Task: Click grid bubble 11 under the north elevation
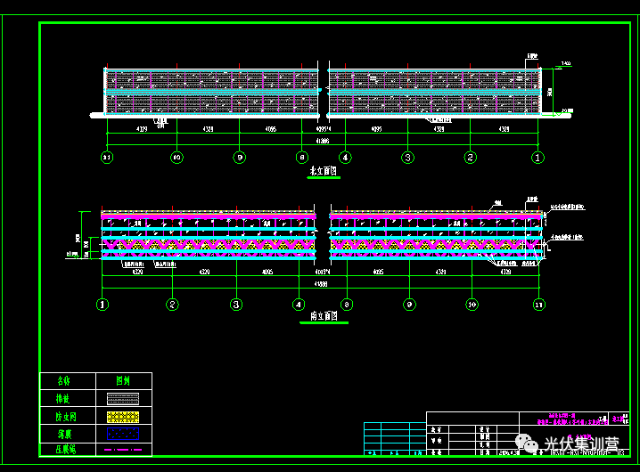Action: (x=107, y=158)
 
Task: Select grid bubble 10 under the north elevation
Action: (x=176, y=158)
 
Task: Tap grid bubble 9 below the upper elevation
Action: (x=239, y=158)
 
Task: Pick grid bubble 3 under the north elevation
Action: (x=407, y=158)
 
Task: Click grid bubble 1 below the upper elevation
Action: (x=537, y=158)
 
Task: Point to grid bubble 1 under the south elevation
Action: (x=103, y=305)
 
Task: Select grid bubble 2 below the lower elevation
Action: (x=172, y=305)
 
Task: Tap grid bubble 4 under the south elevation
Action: (x=299, y=305)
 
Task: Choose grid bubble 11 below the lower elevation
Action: (x=537, y=305)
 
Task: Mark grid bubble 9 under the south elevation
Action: (x=409, y=305)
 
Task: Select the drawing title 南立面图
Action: (x=324, y=317)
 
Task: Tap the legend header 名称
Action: (x=63, y=380)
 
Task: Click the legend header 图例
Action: (x=124, y=380)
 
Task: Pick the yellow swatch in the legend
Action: (x=124, y=416)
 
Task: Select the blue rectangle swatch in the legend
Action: (x=124, y=433)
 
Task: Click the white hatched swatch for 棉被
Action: (x=124, y=399)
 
